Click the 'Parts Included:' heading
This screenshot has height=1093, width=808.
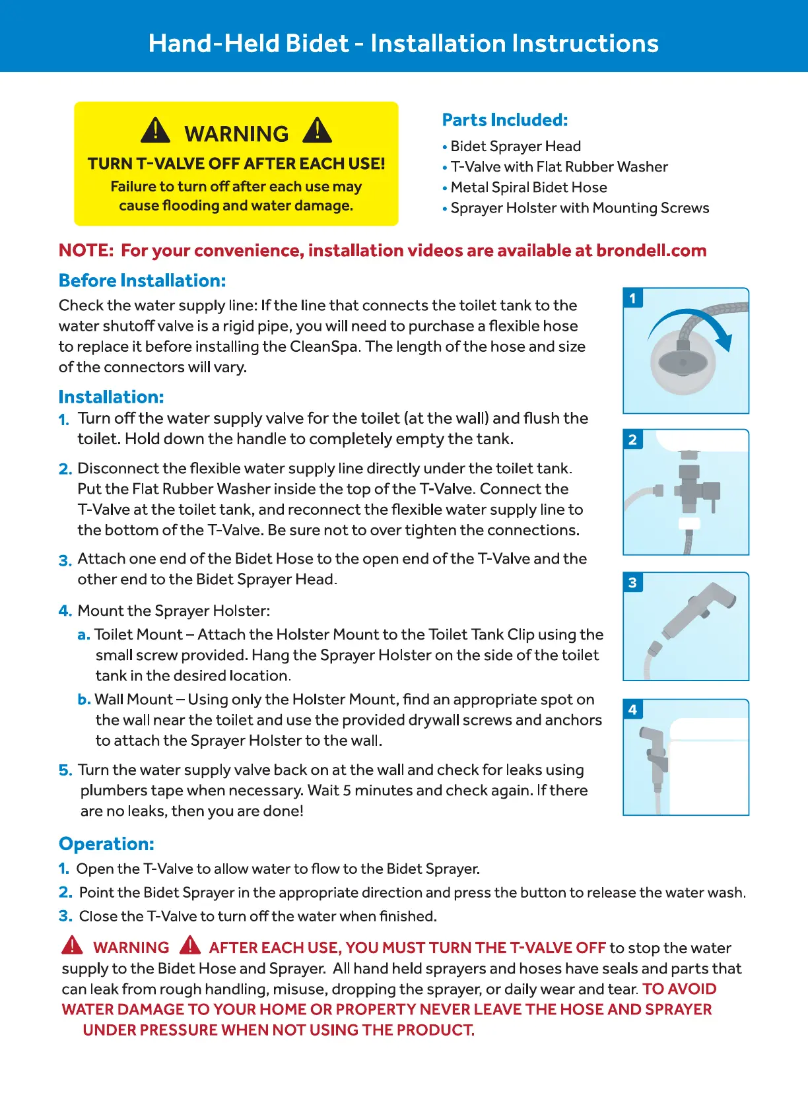click(504, 120)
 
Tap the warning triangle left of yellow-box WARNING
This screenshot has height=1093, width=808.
click(156, 131)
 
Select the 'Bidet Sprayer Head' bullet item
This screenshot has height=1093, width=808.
click(515, 147)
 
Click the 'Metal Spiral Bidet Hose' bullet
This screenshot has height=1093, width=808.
click(528, 187)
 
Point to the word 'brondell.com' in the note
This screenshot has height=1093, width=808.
click(651, 251)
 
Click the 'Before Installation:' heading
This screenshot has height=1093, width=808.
click(142, 281)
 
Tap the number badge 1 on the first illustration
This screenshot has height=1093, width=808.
click(632, 298)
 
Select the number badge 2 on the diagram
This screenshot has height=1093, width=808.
click(632, 440)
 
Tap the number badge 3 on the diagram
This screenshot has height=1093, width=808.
click(632, 582)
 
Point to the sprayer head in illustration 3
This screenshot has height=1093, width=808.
click(700, 611)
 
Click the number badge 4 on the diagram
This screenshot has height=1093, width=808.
click(632, 710)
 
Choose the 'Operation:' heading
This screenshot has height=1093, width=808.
click(106, 844)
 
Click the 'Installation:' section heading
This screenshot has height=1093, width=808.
click(111, 397)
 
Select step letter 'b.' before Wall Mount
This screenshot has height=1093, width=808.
click(84, 700)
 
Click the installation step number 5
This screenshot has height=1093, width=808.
click(65, 770)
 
